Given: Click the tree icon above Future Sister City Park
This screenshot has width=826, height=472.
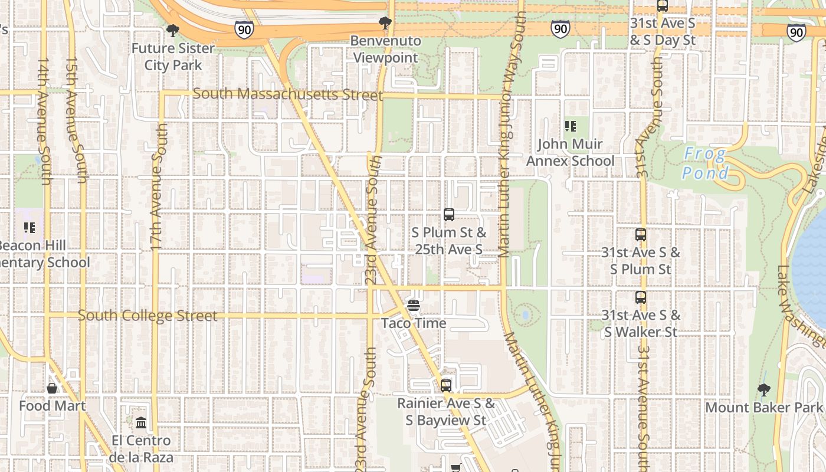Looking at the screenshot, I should (x=172, y=30).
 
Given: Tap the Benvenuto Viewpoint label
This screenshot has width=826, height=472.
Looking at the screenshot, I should (x=385, y=50).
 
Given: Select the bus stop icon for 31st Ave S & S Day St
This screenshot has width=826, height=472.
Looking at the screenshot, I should (x=662, y=6).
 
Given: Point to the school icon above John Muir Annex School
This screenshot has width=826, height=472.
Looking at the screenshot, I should (x=570, y=126).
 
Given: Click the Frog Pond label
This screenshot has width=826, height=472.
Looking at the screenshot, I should (x=705, y=164).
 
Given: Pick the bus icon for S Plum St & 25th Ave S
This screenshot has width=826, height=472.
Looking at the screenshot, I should (x=448, y=215).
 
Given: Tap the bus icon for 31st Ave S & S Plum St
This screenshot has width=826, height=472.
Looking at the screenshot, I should (x=640, y=235).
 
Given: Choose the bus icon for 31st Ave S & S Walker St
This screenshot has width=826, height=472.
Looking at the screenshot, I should (x=640, y=297).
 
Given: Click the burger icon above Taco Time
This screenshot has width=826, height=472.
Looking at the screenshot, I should (x=413, y=305).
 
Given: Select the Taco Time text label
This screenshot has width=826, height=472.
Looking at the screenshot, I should (x=413, y=323).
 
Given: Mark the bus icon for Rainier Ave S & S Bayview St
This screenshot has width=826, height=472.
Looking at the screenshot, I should (x=446, y=386).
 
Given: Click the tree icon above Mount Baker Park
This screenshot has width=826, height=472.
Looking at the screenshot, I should (x=763, y=389).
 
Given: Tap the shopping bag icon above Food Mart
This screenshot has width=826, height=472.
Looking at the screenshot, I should (x=52, y=388).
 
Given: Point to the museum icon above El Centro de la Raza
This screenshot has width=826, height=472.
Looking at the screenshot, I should (x=141, y=423).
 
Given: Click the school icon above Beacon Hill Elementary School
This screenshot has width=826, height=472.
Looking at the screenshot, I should (x=29, y=227).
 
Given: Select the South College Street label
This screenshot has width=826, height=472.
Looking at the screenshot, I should (x=147, y=316).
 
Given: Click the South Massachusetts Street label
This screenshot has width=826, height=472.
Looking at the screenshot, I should (x=287, y=94).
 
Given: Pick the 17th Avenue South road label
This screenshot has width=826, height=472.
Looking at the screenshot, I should (x=158, y=186).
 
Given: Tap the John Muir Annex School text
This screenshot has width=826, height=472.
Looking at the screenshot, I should (x=570, y=152).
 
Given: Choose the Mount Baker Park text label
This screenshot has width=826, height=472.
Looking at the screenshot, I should (x=763, y=408).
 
